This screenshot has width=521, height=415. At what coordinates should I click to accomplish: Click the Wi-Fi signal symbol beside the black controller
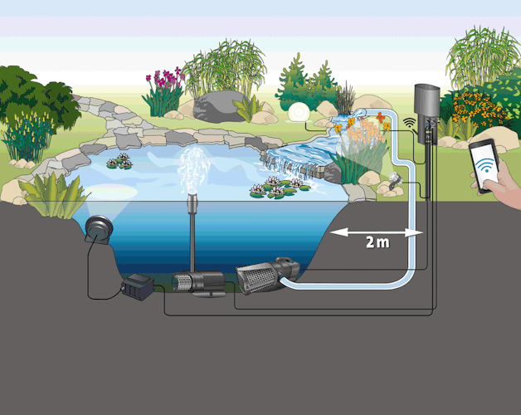pos(408,122)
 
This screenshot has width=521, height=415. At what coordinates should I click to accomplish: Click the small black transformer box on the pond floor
pos(136,289)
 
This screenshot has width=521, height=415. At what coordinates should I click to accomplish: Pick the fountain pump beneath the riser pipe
pos(197,282)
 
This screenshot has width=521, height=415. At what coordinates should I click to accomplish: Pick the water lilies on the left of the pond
pos(119,161)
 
